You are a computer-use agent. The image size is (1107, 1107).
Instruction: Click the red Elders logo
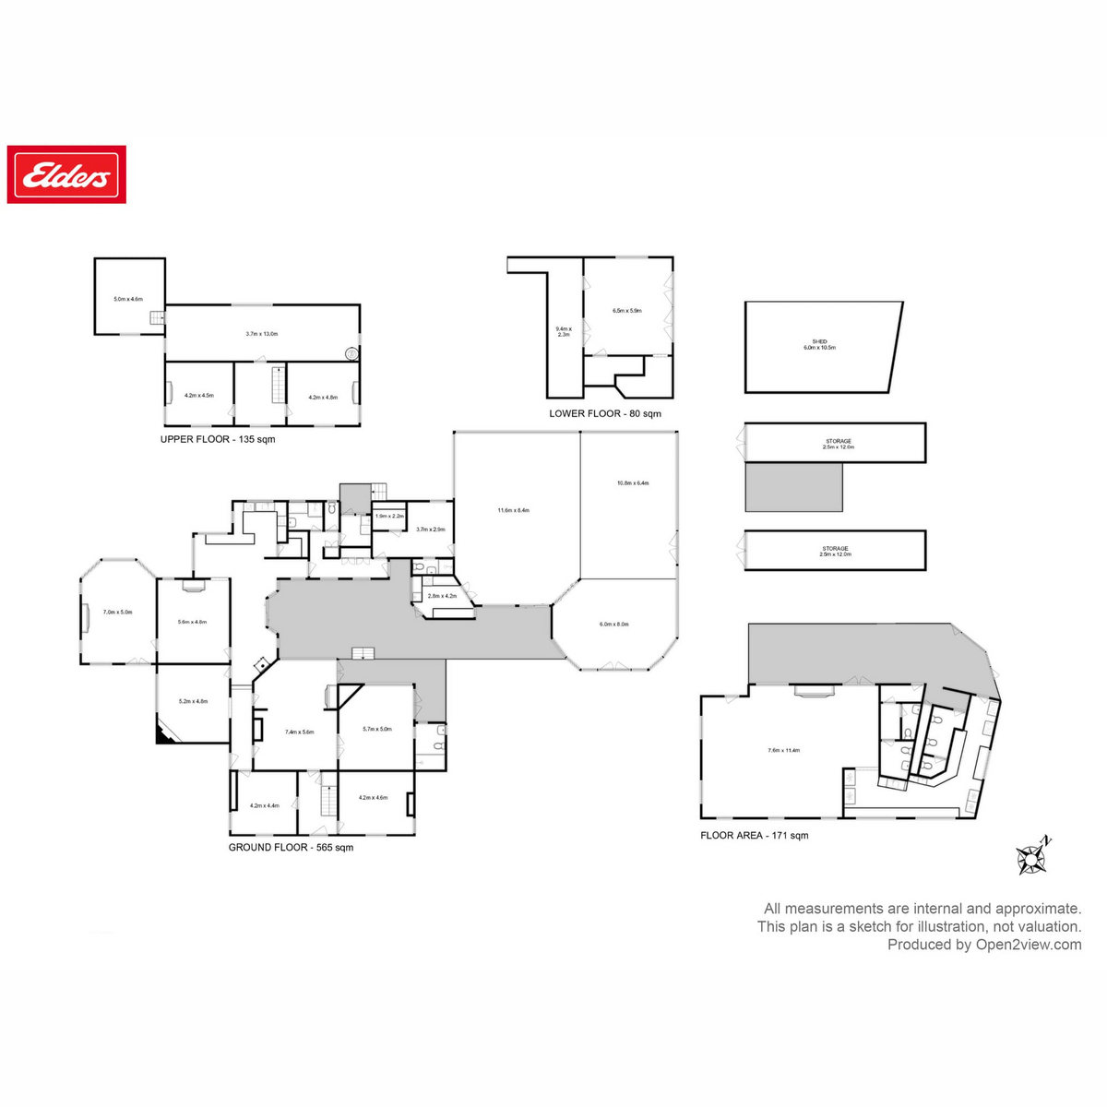tap(66, 174)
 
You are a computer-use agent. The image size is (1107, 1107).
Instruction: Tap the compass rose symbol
tap(1031, 858)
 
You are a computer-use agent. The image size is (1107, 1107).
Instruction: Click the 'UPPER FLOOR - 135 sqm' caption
tap(218, 439)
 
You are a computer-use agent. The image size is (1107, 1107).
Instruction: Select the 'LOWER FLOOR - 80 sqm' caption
tap(605, 413)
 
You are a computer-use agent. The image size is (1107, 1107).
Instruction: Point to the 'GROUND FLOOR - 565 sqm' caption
tap(291, 847)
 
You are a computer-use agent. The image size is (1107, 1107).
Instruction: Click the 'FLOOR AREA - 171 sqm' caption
tap(754, 835)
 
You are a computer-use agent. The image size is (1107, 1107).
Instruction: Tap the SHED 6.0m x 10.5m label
tap(819, 345)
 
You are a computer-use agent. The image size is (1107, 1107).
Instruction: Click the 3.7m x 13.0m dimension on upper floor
tap(262, 334)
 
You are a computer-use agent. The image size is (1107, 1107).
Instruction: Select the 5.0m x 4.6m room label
tap(128, 299)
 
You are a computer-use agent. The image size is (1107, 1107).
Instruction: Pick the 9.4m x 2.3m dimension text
tap(564, 332)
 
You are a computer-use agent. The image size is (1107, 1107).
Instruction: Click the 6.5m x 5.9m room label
tap(627, 311)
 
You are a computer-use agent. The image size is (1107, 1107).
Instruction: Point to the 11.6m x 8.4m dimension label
tap(514, 510)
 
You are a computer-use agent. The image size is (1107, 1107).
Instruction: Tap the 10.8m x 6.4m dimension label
tap(633, 482)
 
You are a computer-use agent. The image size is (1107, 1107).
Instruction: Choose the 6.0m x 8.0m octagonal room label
tap(613, 625)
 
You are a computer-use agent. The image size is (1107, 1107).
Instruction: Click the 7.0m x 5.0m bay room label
tap(118, 612)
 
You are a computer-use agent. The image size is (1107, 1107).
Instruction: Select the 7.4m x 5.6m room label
tap(299, 732)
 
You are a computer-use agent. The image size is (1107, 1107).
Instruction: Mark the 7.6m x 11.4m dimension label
tap(783, 750)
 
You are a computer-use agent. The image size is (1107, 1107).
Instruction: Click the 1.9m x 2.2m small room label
tap(389, 516)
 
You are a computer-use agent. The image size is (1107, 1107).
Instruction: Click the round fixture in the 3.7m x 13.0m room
tap(351, 352)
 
